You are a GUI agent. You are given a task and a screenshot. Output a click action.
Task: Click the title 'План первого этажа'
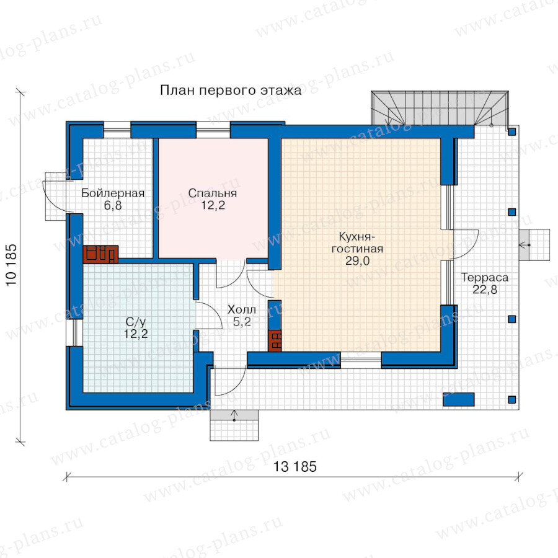231,91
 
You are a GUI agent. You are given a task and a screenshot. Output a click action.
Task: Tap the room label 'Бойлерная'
113,193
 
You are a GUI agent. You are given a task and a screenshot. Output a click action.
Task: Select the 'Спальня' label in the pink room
213,193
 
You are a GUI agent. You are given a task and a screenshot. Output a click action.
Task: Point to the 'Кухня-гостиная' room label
357,242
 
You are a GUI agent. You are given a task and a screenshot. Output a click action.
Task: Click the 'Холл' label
242,309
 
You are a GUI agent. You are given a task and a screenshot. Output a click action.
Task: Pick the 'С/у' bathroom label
136,322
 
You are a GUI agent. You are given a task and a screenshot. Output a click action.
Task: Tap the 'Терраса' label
485,277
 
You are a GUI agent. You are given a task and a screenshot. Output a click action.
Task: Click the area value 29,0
357,261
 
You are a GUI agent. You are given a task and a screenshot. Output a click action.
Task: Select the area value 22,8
485,290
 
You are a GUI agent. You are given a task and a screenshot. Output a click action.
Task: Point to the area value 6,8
113,205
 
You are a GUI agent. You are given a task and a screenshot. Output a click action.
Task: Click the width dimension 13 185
294,466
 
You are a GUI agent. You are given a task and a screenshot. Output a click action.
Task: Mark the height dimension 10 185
11,264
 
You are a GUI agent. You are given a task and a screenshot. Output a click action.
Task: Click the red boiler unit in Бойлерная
100,254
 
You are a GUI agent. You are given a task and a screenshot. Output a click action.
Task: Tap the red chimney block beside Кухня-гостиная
275,341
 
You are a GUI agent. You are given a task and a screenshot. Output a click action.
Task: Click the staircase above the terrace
440,108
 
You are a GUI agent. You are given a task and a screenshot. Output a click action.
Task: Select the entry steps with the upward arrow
234,425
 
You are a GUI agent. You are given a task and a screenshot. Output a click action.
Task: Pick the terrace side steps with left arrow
529,245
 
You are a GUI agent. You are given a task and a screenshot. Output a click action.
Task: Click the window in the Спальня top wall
213,130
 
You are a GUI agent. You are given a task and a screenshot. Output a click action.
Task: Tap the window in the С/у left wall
75,333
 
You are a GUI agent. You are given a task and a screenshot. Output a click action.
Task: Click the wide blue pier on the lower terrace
458,399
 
